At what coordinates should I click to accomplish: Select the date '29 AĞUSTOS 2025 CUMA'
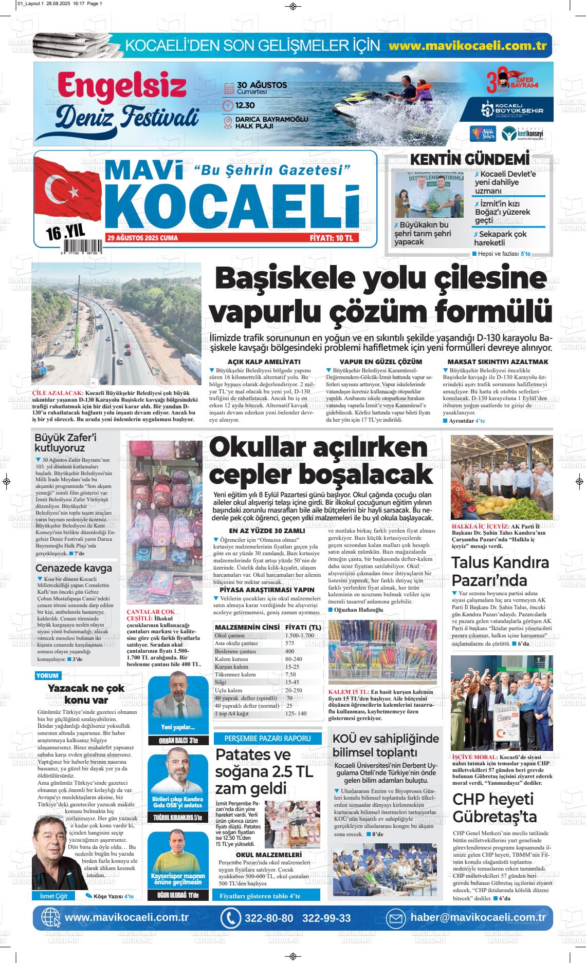coord(142,238)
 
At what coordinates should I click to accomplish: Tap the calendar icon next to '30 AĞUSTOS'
coord(229,88)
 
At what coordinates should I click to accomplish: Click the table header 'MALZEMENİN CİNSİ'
coord(247,628)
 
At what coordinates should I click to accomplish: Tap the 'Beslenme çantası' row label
coord(235,651)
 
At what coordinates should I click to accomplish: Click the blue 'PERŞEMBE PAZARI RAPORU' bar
coord(267,738)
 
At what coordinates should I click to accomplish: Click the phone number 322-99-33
coord(326,918)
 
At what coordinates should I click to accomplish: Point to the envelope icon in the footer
coord(396,918)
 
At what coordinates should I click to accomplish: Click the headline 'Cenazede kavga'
coord(74,568)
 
